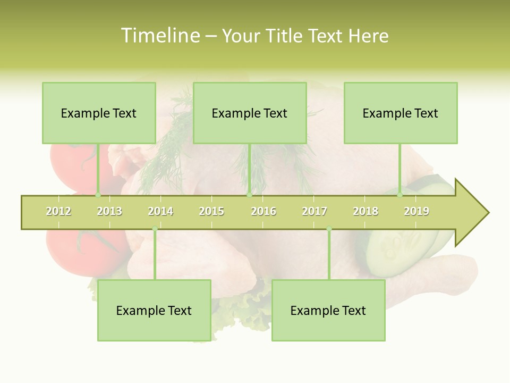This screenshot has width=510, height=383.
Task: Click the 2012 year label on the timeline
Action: (58, 212)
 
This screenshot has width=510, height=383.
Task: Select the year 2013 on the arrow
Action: (109, 212)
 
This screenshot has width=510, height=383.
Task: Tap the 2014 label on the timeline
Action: (160, 212)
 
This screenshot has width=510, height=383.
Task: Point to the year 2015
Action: (211, 212)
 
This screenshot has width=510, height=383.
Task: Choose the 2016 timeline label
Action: (263, 212)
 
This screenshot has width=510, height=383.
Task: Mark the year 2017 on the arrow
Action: (314, 212)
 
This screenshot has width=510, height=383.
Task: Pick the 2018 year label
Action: (365, 212)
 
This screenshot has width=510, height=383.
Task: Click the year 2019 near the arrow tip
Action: (416, 212)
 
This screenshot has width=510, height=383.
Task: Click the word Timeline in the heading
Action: (159, 36)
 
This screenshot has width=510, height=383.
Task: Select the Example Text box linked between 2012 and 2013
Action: (99, 113)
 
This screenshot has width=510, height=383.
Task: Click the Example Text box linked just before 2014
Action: (154, 310)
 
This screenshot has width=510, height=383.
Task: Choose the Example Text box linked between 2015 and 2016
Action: (250, 113)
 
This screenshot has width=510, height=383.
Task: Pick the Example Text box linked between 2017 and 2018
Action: (328, 310)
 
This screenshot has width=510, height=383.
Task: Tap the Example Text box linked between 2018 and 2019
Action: (401, 113)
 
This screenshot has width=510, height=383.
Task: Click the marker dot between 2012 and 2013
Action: (98, 195)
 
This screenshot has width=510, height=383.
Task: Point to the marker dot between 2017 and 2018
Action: (329, 229)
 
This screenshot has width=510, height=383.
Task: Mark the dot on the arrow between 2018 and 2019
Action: (400, 195)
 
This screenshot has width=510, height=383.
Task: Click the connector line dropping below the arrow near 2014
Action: (155, 255)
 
